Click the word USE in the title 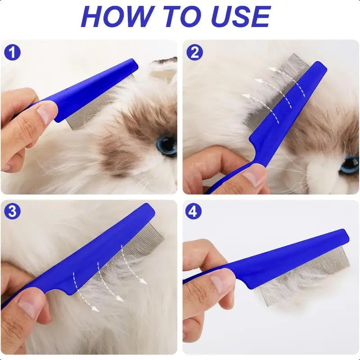(241, 16)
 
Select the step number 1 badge (13, 52)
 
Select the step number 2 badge (194, 52)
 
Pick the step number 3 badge (13, 211)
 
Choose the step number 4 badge (193, 211)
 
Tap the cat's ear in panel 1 (163, 69)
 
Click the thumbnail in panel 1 (45, 113)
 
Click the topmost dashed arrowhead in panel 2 (273, 69)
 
